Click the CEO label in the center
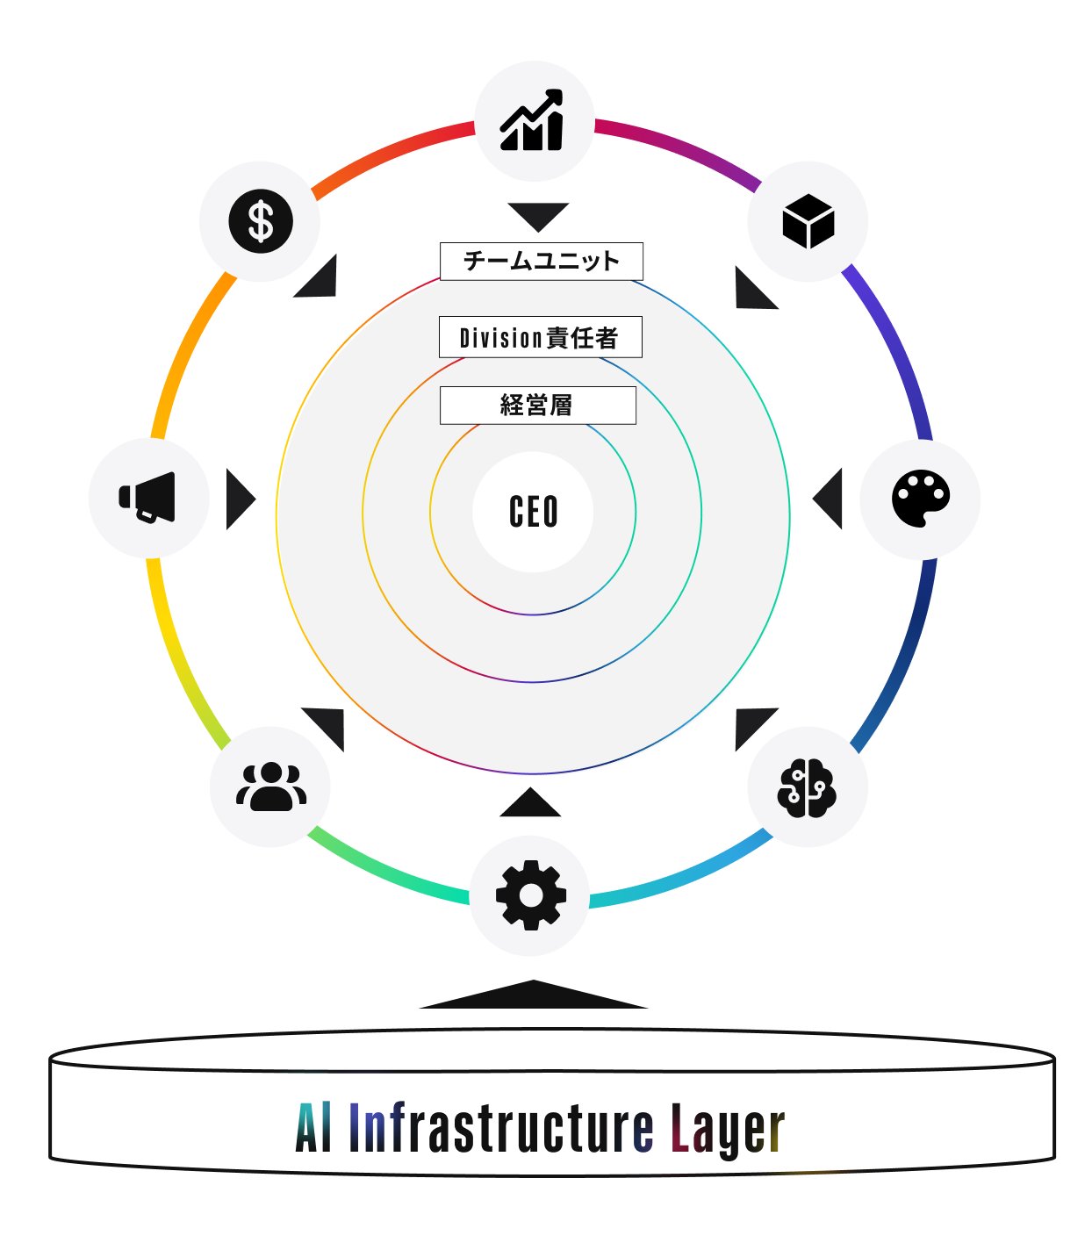pyautogui.click(x=533, y=512)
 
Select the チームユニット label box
pyautogui.click(x=541, y=261)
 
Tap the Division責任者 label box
pyautogui.click(x=540, y=336)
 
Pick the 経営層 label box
pyautogui.click(x=537, y=405)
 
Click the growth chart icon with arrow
pyautogui.click(x=531, y=119)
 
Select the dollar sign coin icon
pyautogui.click(x=260, y=220)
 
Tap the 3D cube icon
pyautogui.click(x=808, y=220)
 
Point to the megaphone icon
pyautogui.click(x=147, y=497)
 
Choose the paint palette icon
pyautogui.click(x=920, y=498)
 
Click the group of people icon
pyautogui.click(x=270, y=786)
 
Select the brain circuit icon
pyautogui.click(x=806, y=787)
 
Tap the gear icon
pyautogui.click(x=530, y=895)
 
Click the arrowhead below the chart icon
pyautogui.click(x=537, y=214)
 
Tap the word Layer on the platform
pyautogui.click(x=728, y=1131)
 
